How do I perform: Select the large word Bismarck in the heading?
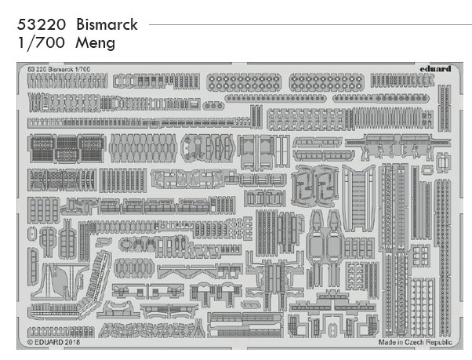tap(107, 24)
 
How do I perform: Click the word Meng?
tap(96, 43)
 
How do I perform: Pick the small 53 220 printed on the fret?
tap(36, 69)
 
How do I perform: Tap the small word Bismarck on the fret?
tap(62, 69)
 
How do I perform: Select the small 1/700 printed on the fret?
tap(82, 69)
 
